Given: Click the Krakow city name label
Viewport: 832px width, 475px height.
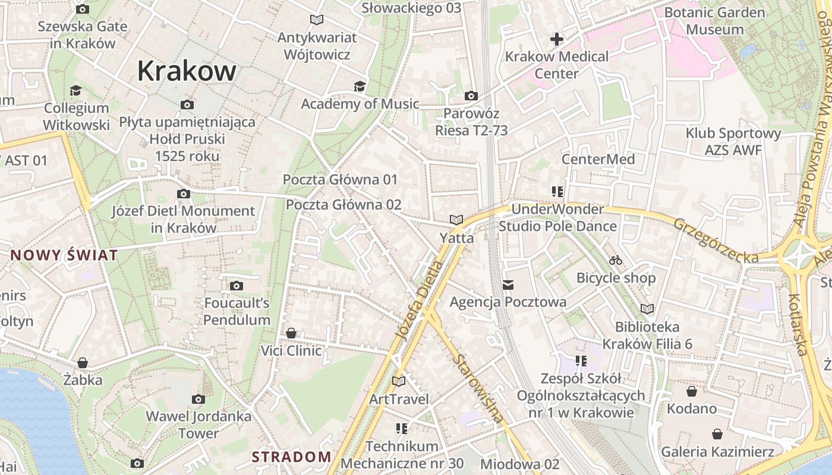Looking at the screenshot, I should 187,71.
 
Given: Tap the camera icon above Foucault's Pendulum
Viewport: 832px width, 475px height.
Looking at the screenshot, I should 237,286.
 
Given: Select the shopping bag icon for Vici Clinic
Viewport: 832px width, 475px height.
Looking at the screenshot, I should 291,333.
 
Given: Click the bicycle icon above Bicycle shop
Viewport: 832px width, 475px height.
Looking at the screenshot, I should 616,260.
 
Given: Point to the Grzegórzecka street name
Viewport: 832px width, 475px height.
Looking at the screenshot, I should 716,241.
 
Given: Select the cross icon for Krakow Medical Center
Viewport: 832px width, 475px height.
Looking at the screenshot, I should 557,39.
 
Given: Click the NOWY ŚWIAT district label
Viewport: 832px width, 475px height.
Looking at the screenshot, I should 64,256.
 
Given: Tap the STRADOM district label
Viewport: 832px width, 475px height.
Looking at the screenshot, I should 291,457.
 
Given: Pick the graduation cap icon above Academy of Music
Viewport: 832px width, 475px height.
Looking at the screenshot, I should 360,87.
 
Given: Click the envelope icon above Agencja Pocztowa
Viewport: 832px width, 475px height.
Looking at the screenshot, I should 508,285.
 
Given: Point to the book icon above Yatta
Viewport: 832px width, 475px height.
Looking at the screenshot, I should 456,220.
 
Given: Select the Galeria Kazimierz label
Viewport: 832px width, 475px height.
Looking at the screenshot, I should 717,452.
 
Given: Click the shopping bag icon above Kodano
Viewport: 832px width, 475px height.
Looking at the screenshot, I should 692,391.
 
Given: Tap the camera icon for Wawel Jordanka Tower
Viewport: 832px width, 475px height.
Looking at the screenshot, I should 198,399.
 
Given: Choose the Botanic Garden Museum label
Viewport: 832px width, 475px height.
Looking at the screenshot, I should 715,21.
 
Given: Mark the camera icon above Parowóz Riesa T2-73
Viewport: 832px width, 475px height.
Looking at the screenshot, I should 471,96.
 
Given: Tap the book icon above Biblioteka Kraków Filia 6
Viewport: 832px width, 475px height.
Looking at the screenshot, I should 647,309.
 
